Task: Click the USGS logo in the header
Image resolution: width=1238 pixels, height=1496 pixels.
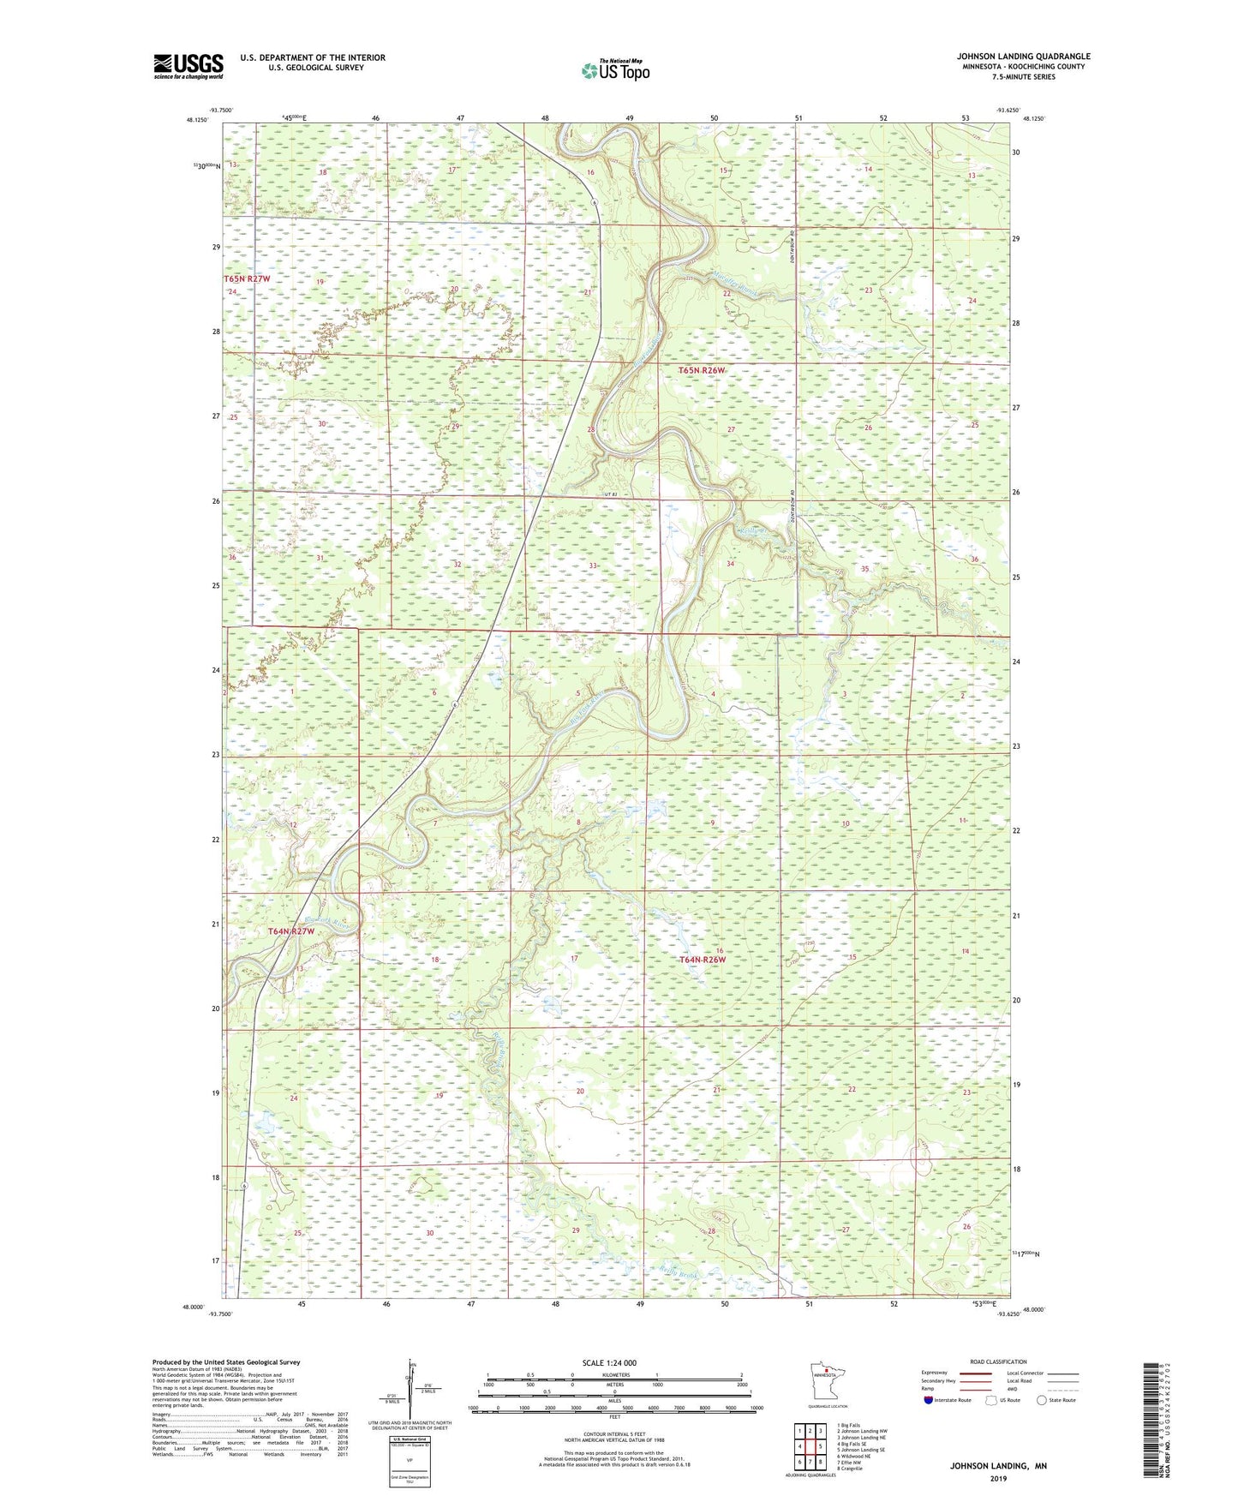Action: pos(188,66)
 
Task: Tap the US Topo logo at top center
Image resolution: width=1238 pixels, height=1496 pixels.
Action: pos(615,70)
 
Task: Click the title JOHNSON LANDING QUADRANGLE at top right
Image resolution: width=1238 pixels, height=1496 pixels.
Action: pos(1023,57)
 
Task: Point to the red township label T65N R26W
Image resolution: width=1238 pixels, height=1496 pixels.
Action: pos(702,370)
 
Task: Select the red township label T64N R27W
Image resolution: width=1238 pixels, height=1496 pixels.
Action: pos(291,931)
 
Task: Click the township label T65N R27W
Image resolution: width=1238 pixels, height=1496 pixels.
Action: pos(247,279)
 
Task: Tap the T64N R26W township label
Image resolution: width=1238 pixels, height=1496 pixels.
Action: pos(703,960)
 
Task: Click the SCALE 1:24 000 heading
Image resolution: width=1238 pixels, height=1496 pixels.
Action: pos(609,1363)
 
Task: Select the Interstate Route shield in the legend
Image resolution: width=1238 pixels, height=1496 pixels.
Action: pos(931,1400)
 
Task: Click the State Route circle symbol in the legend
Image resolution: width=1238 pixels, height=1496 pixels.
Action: pos(1041,1400)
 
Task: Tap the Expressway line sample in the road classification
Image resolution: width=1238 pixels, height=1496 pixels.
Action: pos(976,1373)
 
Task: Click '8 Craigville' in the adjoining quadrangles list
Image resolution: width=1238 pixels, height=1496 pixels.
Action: pos(844,1469)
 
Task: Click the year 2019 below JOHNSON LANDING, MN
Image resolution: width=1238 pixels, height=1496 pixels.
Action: pos(998,1478)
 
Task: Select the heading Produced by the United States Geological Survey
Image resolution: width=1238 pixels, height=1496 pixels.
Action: pos(226,1361)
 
